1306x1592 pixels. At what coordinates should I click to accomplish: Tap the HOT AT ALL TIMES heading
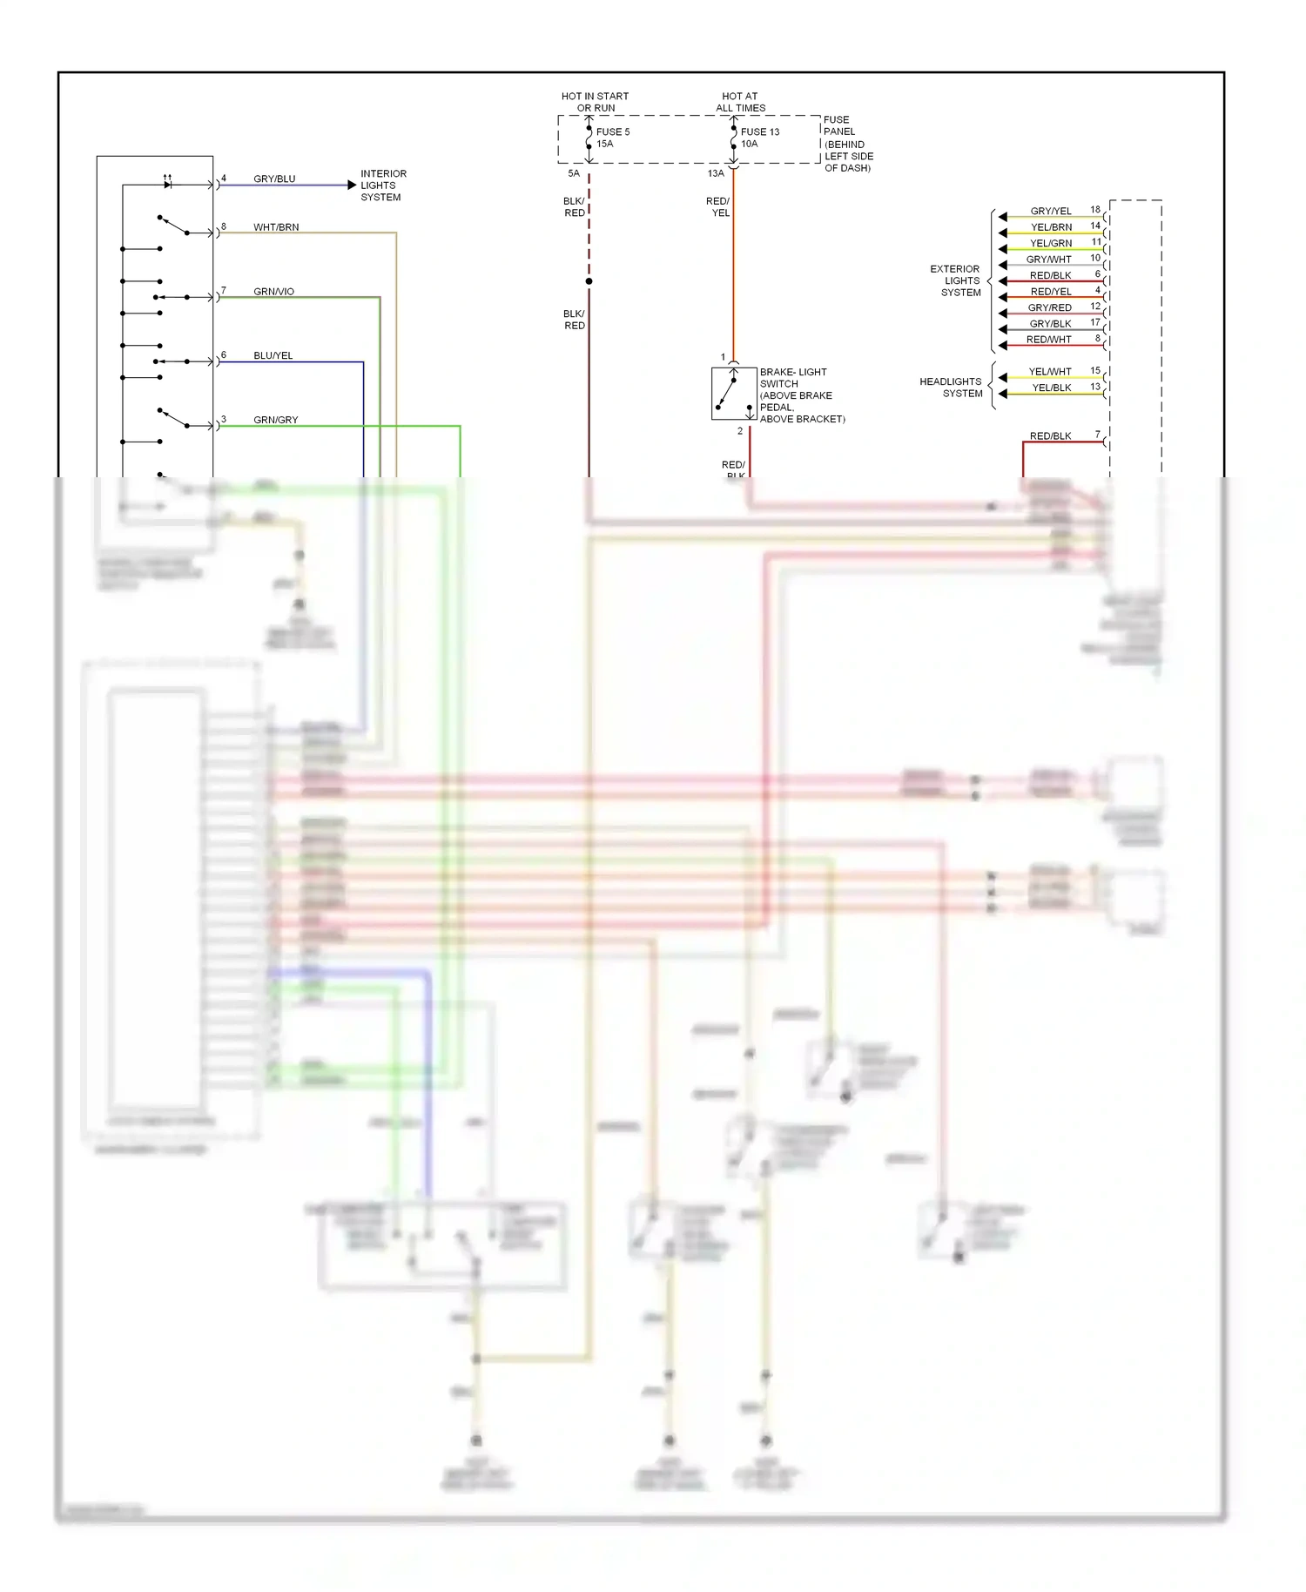click(740, 102)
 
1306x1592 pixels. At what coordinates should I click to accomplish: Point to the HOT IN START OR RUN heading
click(596, 102)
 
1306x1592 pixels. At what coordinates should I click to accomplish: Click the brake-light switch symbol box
click(734, 394)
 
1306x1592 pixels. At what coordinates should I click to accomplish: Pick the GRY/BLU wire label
click(274, 179)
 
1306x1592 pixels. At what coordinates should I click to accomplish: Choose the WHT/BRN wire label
click(276, 227)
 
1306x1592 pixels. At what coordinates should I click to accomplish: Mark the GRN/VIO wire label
click(273, 292)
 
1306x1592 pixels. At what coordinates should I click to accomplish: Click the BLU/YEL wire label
click(273, 355)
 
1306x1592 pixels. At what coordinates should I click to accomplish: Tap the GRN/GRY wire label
click(275, 420)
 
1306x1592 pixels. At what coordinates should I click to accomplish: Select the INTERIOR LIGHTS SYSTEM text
click(383, 186)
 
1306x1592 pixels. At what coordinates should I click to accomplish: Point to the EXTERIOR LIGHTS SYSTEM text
click(958, 280)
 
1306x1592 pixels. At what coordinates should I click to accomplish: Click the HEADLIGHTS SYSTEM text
click(952, 388)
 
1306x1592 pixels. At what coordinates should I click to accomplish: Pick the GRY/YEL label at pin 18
click(1051, 211)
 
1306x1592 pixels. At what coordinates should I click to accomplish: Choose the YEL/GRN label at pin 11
click(1051, 243)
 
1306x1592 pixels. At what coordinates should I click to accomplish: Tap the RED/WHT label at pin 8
click(1048, 340)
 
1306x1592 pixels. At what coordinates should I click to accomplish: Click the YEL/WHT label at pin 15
click(1050, 372)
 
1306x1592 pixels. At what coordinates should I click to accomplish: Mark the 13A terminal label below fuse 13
click(716, 173)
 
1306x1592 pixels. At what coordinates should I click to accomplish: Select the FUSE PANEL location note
click(847, 144)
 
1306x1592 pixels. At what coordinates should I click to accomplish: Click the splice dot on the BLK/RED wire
click(589, 281)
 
